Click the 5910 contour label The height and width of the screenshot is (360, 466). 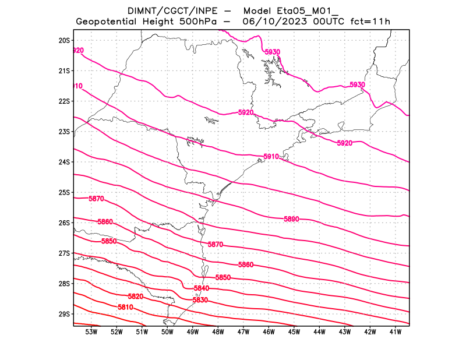coord(271,157)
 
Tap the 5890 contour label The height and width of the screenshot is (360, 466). coord(291,219)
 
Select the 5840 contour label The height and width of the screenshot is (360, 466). coord(201,288)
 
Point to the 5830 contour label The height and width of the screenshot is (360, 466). coord(200,300)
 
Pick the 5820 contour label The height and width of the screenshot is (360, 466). coord(136,297)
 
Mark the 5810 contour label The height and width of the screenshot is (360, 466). coord(126,307)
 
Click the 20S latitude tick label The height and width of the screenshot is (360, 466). coord(64,41)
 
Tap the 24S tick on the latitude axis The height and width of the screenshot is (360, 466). coord(64,162)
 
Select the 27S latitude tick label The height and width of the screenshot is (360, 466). coord(64,253)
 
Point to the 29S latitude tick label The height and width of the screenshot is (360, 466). coord(64,314)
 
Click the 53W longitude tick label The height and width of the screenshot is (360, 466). coord(91,332)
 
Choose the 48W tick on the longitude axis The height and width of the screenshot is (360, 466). coord(218,332)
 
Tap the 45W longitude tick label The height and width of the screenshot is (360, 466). coord(294,332)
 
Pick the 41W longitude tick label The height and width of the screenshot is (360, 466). coord(395,332)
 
